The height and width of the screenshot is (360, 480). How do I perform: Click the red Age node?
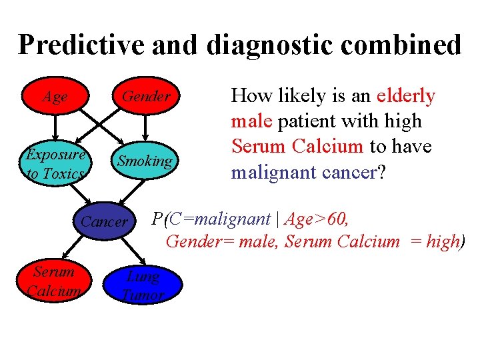click(55, 97)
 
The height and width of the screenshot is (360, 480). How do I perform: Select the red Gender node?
click(145, 97)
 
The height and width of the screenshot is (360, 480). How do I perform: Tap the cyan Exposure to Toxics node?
click(55, 164)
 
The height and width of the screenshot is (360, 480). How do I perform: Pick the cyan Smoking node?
click(144, 161)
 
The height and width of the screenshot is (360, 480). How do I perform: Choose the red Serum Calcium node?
click(54, 281)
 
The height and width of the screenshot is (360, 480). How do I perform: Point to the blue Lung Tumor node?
click(143, 285)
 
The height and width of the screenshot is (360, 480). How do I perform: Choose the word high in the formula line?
click(442, 241)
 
